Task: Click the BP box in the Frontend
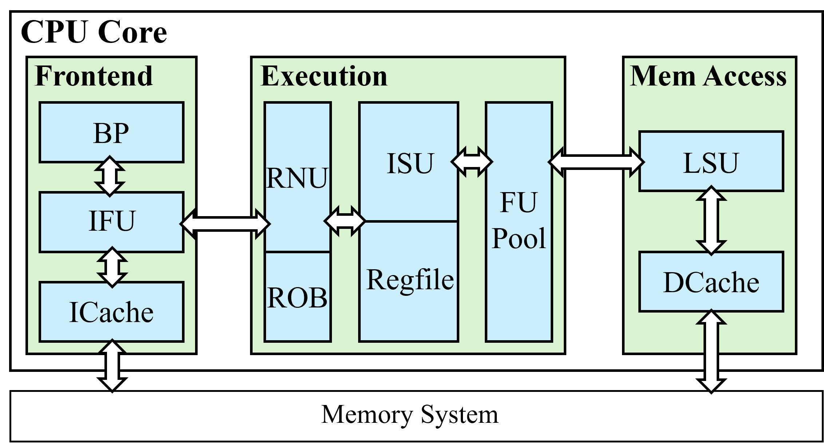111,133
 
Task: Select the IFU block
111,221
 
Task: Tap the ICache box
111,312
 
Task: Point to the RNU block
297,178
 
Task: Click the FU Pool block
519,221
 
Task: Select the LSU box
711,162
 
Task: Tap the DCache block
711,282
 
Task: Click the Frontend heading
94,76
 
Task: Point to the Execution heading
324,76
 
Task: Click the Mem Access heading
708,76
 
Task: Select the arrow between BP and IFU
110,177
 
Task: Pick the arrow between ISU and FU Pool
472,162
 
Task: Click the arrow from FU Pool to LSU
596,162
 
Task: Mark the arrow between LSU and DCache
711,220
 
